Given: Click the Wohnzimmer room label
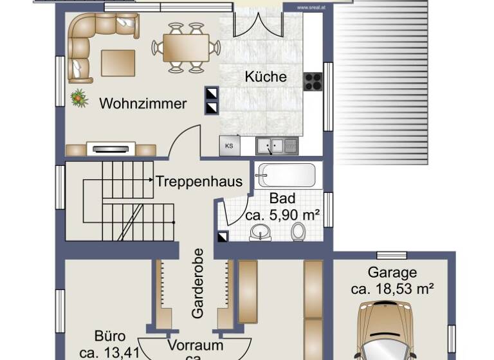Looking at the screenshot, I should point(143,104).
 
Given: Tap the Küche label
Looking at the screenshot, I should point(266,76).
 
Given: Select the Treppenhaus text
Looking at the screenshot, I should point(199,181).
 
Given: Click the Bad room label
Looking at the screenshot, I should point(282,199).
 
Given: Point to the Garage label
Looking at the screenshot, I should point(392,273).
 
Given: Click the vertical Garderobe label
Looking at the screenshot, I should point(197,283).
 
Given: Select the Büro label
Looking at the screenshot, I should point(110,336).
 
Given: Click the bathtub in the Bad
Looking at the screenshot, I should point(286,175).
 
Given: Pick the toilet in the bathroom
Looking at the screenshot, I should point(298,231).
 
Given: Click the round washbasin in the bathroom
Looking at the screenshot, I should point(260,231).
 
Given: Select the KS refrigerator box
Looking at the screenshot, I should point(228,146).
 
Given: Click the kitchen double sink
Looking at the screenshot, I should point(277,146).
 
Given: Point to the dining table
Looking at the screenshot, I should point(186,47).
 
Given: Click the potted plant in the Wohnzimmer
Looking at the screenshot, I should point(80,98).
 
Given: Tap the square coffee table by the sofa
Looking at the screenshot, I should point(118,63).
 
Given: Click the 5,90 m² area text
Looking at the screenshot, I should point(283,215).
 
